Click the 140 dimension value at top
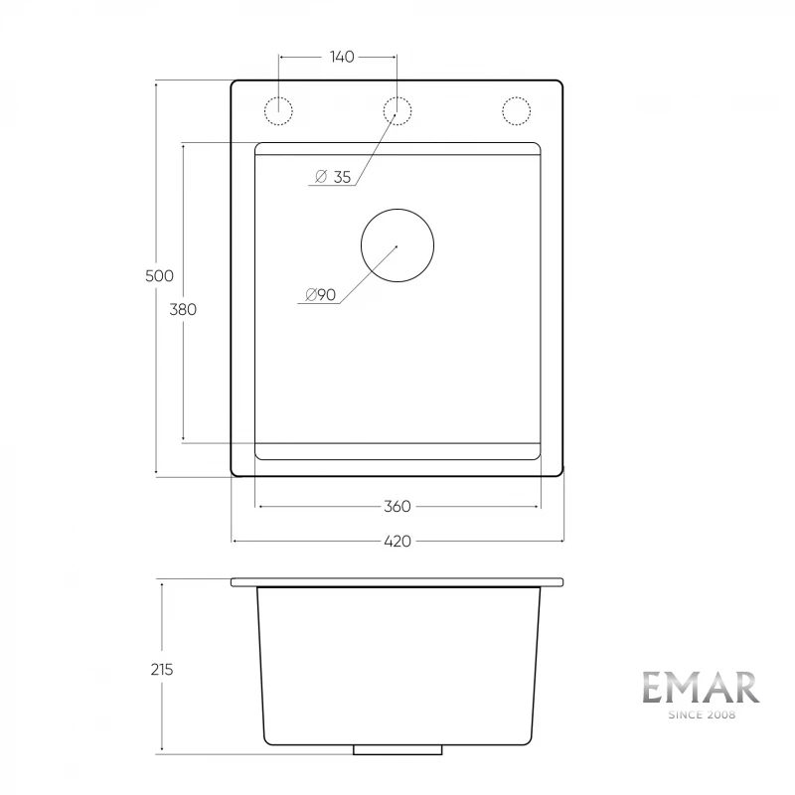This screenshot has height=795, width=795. click(x=342, y=57)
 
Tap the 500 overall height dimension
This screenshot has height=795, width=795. click(x=159, y=276)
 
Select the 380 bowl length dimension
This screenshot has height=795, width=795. click(x=183, y=309)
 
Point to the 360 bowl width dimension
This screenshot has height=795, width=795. click(x=397, y=507)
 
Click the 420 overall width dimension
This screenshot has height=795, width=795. click(x=397, y=542)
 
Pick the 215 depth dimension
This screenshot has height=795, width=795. click(x=162, y=670)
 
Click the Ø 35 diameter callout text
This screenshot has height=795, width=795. click(x=333, y=177)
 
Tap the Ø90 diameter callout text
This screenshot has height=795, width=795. click(x=320, y=294)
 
